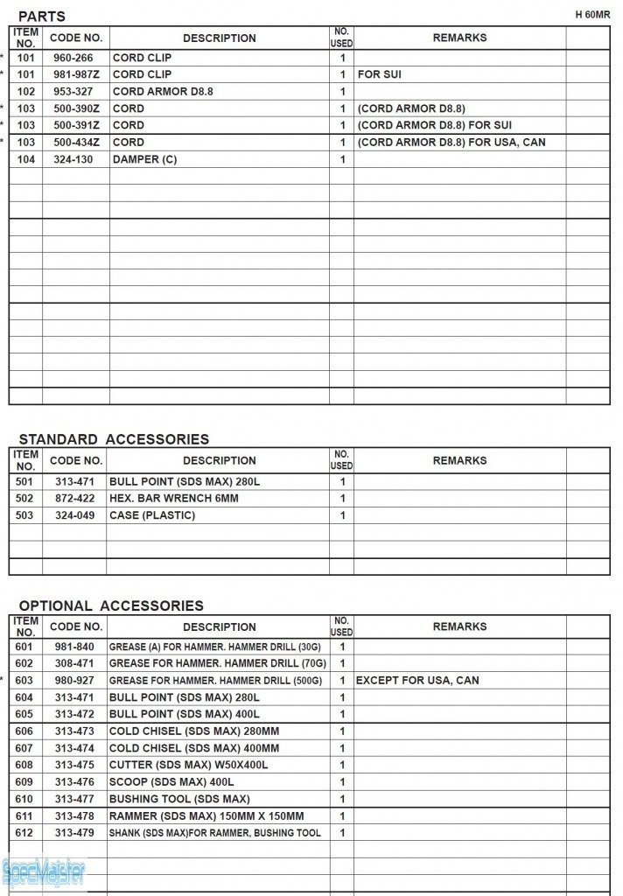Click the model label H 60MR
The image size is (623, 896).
click(592, 15)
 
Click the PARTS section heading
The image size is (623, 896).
click(41, 17)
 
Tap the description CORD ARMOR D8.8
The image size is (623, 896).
click(163, 92)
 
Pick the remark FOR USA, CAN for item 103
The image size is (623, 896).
click(451, 143)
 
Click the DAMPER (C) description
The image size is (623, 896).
click(144, 160)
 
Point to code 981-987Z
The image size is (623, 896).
click(77, 75)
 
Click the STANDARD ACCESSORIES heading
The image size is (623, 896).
click(114, 439)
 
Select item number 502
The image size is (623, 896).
click(24, 499)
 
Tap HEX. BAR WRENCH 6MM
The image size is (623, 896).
click(173, 499)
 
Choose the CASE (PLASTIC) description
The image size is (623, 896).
click(152, 515)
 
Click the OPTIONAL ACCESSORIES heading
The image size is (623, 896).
click(111, 605)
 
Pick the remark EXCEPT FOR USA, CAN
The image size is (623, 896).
click(417, 681)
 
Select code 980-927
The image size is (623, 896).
click(74, 681)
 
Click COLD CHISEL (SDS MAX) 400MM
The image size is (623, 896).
click(194, 749)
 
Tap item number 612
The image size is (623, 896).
click(24, 834)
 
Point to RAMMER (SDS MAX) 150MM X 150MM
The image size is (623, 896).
click(206, 816)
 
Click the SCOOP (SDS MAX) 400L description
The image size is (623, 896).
click(171, 782)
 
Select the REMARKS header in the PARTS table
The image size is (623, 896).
click(459, 38)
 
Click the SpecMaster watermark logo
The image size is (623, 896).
click(44, 872)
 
